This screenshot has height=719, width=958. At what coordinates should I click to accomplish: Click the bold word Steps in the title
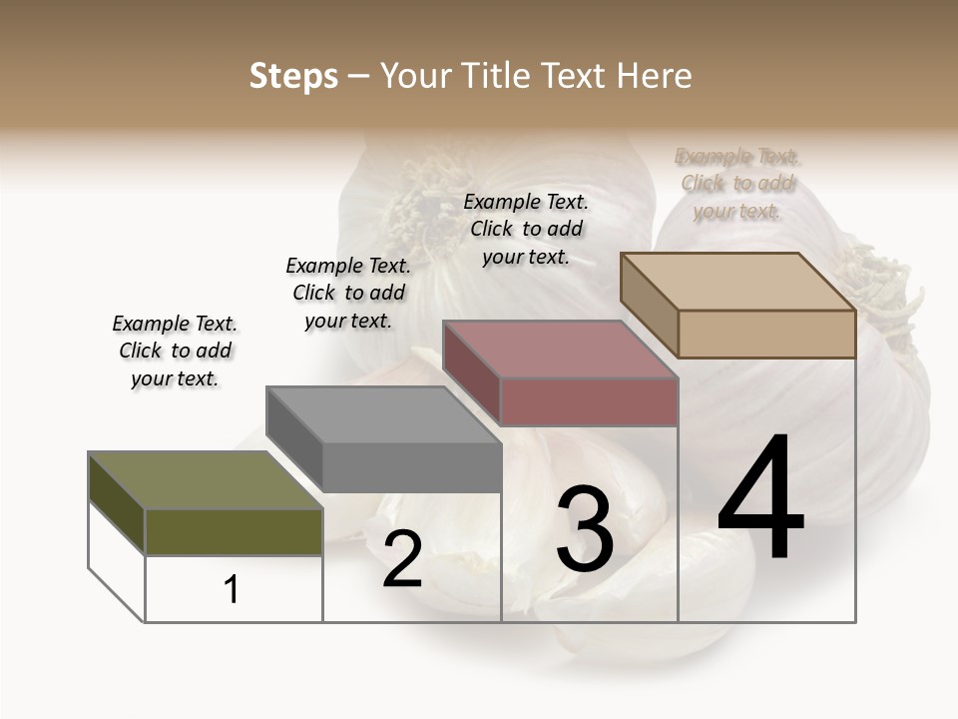(x=293, y=76)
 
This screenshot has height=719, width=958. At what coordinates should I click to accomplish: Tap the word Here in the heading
(x=653, y=76)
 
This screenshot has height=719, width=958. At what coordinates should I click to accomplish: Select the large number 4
(x=760, y=499)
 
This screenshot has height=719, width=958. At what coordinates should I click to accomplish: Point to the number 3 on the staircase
(x=585, y=529)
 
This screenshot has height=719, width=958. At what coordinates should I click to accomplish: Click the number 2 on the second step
(x=402, y=560)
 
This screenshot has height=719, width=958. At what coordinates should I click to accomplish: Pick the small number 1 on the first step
(x=232, y=590)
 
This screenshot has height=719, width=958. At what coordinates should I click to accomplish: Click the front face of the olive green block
(x=234, y=531)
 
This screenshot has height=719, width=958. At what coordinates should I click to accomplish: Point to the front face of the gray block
(x=411, y=467)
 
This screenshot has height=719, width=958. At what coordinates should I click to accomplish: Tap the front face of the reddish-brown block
(x=589, y=401)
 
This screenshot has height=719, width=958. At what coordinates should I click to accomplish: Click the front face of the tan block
(x=766, y=334)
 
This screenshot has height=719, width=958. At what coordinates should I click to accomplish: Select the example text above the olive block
(x=175, y=351)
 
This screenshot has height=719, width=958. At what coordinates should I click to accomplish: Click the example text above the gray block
(x=348, y=293)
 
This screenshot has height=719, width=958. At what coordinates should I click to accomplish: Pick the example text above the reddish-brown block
(x=526, y=229)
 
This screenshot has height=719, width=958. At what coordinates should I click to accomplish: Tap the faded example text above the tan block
(x=737, y=184)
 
